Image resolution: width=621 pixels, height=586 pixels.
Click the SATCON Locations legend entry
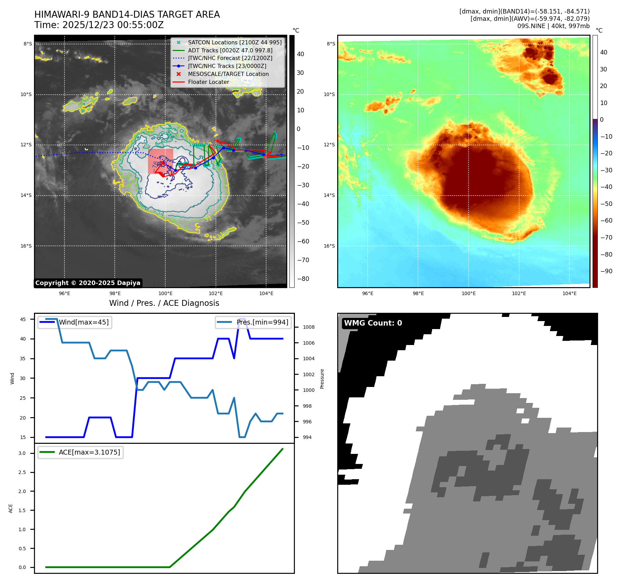(x=235, y=42)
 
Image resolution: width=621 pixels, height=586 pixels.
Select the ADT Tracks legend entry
(x=230, y=50)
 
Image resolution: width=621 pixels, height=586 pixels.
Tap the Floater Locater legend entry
(x=208, y=82)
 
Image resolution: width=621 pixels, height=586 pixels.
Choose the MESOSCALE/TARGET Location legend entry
(x=228, y=74)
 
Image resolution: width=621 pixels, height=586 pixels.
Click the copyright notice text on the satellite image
(x=88, y=283)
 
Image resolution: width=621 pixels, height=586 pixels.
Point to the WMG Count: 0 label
(x=373, y=323)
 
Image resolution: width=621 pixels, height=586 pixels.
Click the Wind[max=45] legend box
(x=75, y=322)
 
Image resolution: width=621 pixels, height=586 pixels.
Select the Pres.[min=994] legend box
(x=253, y=322)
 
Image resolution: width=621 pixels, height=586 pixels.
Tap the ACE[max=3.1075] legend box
(x=80, y=452)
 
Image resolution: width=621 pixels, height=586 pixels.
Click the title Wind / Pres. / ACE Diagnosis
(x=164, y=303)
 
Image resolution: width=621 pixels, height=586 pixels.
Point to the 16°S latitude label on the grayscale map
(x=26, y=246)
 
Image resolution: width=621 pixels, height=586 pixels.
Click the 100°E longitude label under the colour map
(x=469, y=293)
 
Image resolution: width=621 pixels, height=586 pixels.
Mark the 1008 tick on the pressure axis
(x=308, y=327)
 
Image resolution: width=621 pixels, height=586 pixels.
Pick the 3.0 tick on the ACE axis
(x=22, y=453)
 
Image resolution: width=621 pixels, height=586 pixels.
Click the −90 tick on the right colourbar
(x=606, y=271)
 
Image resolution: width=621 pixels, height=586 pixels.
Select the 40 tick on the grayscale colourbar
(x=300, y=54)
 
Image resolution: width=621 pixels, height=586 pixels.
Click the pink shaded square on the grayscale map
(x=160, y=161)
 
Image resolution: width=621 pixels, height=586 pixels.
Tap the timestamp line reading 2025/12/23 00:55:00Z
(x=99, y=25)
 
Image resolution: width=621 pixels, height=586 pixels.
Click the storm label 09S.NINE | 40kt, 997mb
(x=553, y=26)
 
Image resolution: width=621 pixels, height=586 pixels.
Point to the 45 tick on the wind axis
(x=23, y=319)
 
